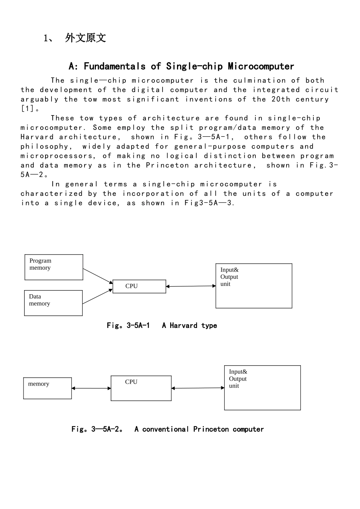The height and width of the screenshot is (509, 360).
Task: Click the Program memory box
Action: [x=54, y=267]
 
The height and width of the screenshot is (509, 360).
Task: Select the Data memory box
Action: [x=53, y=303]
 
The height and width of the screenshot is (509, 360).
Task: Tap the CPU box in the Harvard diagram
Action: [x=139, y=286]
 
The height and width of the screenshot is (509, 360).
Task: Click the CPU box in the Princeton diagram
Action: [x=141, y=388]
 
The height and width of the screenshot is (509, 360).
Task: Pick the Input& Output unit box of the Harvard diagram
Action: [x=254, y=286]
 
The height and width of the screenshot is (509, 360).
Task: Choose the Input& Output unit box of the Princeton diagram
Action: [x=262, y=388]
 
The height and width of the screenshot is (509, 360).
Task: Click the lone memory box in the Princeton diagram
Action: [x=47, y=388]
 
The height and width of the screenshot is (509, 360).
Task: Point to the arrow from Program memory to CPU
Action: [x=98, y=276]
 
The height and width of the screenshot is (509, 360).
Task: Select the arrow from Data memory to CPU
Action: [x=97, y=297]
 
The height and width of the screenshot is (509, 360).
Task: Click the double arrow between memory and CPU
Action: [x=91, y=388]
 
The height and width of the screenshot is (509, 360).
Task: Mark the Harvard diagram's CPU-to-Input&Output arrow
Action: [x=191, y=286]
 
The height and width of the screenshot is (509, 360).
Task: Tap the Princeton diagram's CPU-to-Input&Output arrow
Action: [x=198, y=388]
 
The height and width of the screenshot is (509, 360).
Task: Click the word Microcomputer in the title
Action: [x=261, y=66]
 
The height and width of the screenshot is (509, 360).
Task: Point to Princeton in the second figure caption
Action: [x=211, y=429]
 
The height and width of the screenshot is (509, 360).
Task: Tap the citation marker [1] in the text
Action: [x=27, y=109]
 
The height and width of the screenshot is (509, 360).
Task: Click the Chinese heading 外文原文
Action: [x=86, y=38]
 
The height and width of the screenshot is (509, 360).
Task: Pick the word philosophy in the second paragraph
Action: [x=45, y=147]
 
